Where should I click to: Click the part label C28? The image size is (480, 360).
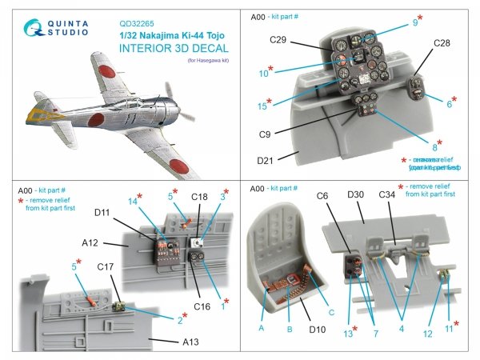pyautogui.click(x=445, y=43)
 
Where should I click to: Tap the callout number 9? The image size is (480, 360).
pyautogui.click(x=414, y=22)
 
